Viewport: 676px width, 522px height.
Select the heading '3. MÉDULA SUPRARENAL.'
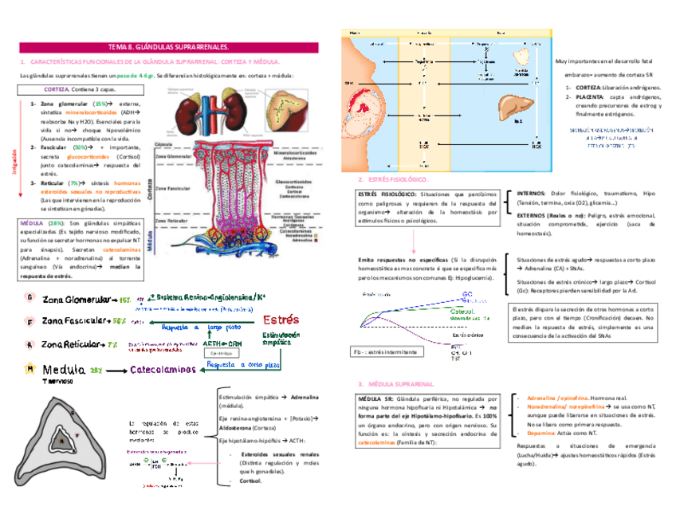point(396,383)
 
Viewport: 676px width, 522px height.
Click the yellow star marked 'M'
point(29,370)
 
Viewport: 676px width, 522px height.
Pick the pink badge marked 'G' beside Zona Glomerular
point(29,298)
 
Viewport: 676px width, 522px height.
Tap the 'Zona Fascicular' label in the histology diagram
point(171,189)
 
